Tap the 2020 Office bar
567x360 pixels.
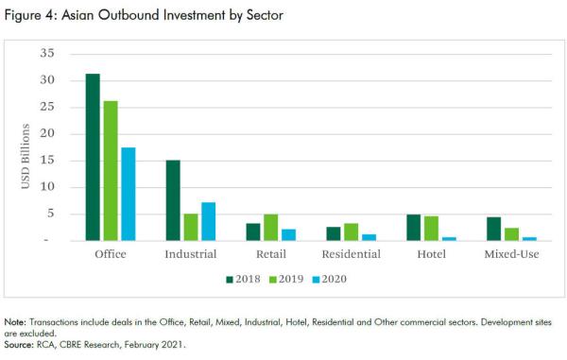[129, 194]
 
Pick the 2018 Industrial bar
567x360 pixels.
[174, 200]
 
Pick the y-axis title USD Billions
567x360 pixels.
[27, 148]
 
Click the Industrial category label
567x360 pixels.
[191, 254]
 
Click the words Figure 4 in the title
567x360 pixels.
[29, 16]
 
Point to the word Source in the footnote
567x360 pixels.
[21, 345]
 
